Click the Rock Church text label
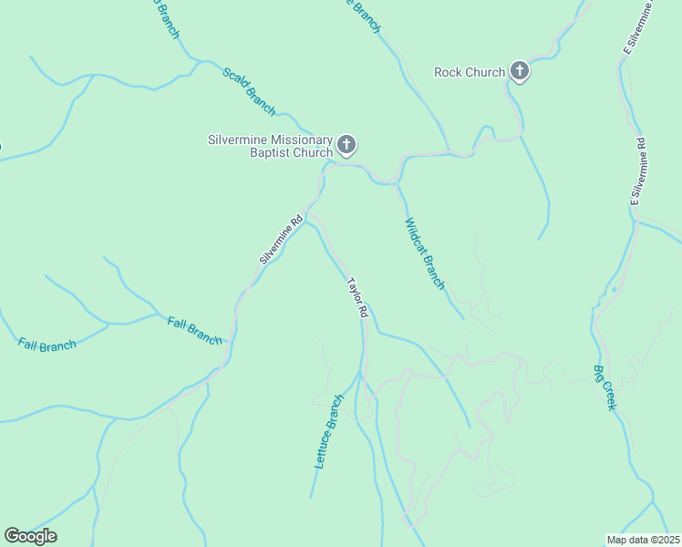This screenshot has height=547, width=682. coord(470,72)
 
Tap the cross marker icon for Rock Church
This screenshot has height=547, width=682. coord(520,70)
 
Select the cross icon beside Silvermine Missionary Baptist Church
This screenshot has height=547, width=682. coord(346,144)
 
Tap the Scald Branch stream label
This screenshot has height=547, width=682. coord(249,90)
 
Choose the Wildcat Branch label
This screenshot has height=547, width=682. coord(425,253)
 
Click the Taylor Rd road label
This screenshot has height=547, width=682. coord(356,297)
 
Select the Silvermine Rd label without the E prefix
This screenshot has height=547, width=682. coord(280,240)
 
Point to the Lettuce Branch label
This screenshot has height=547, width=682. coord(328,431)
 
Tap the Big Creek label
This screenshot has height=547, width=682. coord(604,387)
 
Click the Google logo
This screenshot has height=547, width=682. coord(30,536)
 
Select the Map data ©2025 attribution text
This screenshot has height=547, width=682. coord(643,540)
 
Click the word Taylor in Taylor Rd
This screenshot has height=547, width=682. coord(353,290)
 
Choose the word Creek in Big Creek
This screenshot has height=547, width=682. coord(608,396)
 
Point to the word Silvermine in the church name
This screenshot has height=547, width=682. coord(237,139)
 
